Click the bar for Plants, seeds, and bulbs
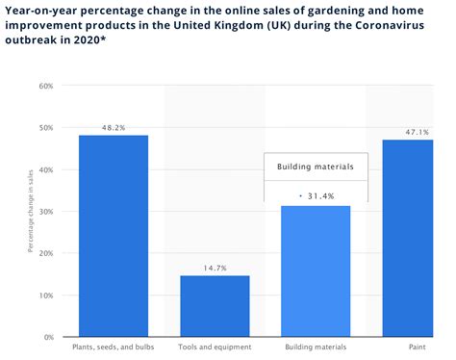tap(114, 236)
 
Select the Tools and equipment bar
tap(215, 306)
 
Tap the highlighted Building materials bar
tap(316, 270)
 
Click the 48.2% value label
tap(114, 126)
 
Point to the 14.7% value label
tap(215, 268)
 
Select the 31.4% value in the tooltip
tap(319, 195)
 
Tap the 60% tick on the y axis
tap(45, 86)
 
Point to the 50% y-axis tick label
tap(45, 128)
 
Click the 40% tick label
tap(45, 170)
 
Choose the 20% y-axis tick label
tap(45, 254)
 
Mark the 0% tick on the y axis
tap(47, 338)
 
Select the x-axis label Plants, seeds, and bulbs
tap(114, 347)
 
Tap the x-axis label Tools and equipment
tap(215, 347)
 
